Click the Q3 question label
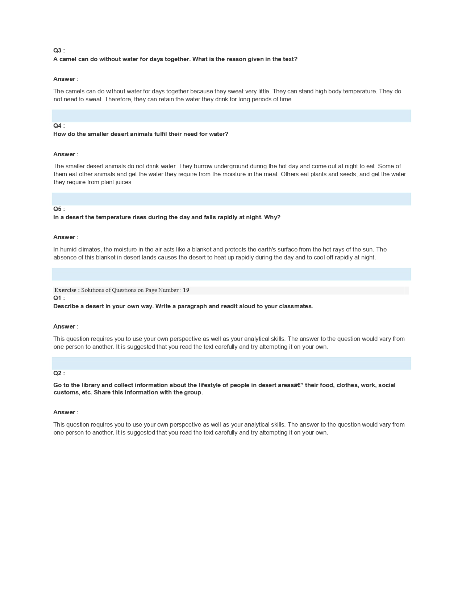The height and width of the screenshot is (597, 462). pyautogui.click(x=59, y=51)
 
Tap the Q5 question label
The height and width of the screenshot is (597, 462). pyautogui.click(x=59, y=209)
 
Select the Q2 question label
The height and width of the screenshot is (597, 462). pyautogui.click(x=59, y=373)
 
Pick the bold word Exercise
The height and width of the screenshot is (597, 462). pyautogui.click(x=65, y=290)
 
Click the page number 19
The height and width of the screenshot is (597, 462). pyautogui.click(x=186, y=290)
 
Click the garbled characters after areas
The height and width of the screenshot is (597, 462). pyautogui.click(x=295, y=385)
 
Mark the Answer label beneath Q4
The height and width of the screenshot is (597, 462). pyautogui.click(x=66, y=154)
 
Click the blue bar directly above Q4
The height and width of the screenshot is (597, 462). pyautogui.click(x=231, y=116)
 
